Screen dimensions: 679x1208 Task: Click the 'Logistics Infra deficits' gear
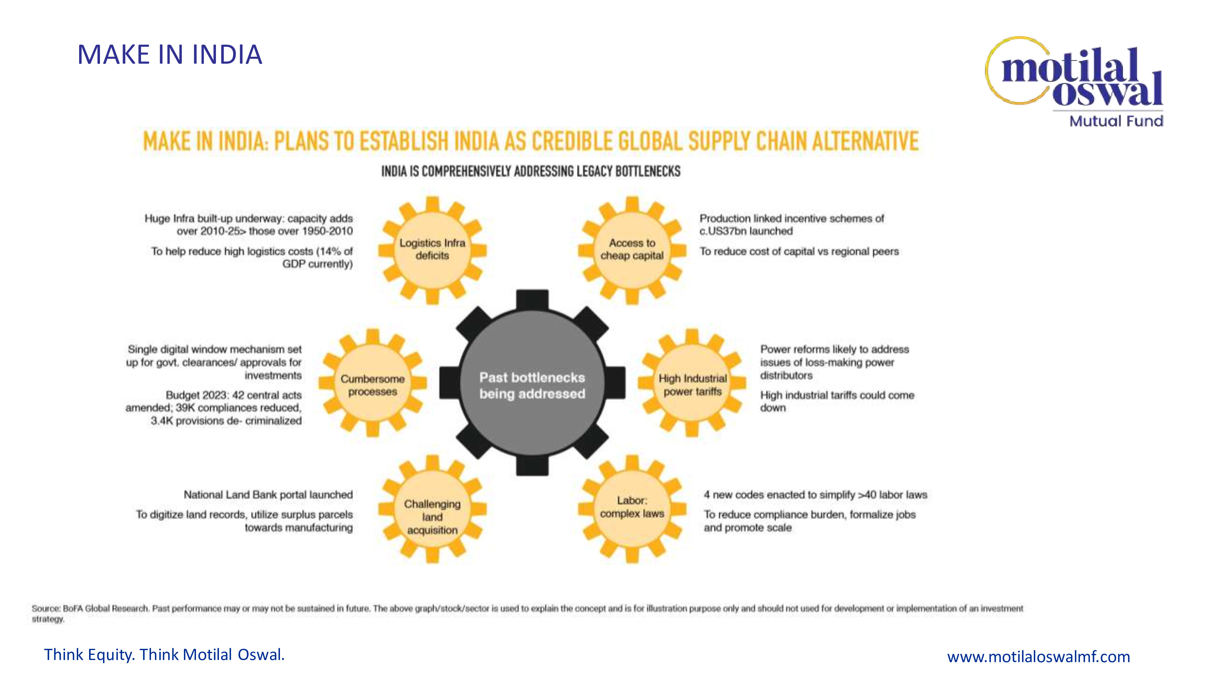click(432, 250)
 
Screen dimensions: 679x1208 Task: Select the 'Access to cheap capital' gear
click(632, 250)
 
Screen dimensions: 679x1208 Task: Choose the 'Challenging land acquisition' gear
click(432, 511)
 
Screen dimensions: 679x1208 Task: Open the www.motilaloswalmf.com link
click(1038, 656)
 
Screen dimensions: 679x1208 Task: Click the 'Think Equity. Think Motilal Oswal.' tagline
click(164, 655)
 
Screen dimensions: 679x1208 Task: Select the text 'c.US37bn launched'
click(746, 231)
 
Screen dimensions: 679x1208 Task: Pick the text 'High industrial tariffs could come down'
click(837, 401)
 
